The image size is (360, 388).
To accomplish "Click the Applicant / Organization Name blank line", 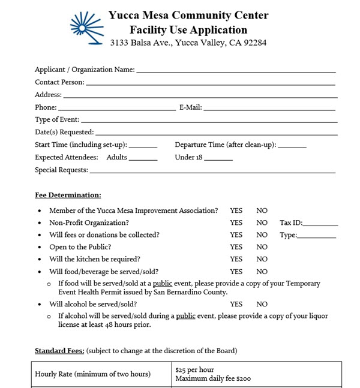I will point(235,71).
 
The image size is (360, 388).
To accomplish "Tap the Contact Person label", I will point(59,82).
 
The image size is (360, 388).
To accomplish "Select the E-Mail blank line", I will point(269,109).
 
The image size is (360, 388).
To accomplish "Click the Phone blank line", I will point(116,109).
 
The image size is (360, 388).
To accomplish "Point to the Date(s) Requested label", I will point(64,132).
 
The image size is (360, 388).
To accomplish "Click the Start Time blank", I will point(143,147).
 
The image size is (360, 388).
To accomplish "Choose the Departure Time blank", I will point(292,147).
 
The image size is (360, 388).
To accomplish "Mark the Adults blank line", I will point(143,160).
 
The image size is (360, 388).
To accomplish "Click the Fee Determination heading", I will point(68,195).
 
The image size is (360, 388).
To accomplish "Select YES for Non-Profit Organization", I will point(236,223).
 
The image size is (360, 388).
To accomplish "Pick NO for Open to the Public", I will point(262,247).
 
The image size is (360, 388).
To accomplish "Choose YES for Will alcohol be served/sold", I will point(236,305).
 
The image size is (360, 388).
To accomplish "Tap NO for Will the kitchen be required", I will point(262,259).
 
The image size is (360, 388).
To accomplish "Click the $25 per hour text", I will point(194,369).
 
